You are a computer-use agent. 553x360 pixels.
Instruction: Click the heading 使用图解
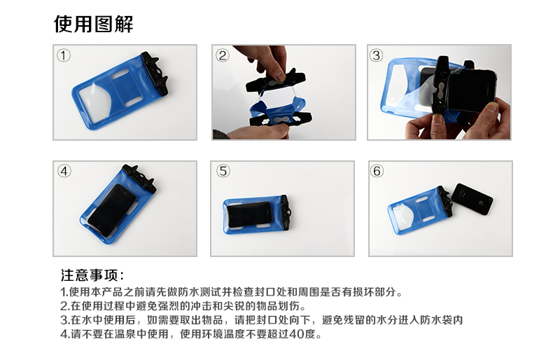point(94,24)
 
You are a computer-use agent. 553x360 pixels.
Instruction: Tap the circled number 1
point(64,55)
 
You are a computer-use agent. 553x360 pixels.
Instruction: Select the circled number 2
point(222,55)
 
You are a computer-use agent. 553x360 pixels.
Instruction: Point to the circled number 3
point(377,55)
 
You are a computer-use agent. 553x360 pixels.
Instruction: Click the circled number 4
point(64,171)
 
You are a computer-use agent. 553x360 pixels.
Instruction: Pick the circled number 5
point(223,171)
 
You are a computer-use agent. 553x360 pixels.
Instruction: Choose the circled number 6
point(377,171)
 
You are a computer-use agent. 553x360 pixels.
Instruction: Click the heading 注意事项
point(92,275)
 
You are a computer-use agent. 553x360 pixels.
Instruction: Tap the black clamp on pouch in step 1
point(155,74)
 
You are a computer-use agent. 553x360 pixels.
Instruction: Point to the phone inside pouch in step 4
point(111,210)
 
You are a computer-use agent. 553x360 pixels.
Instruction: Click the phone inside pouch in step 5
point(249,214)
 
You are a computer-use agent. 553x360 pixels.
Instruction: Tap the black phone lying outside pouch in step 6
point(472,200)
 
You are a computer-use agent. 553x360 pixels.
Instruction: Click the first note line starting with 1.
point(232,292)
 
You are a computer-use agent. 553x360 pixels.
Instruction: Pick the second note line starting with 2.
point(183,305)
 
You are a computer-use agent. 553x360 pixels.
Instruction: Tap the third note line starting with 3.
point(261,320)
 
